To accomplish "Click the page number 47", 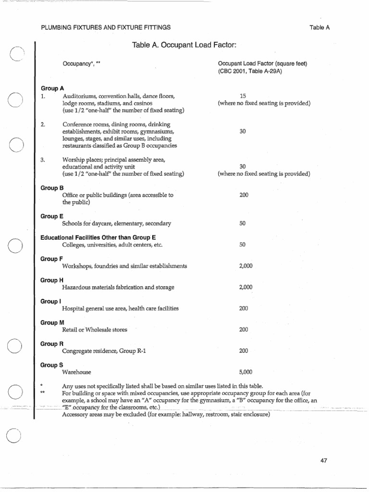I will tap(323, 460).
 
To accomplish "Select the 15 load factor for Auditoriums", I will tap(243, 96).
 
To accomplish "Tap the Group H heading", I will tap(52, 280).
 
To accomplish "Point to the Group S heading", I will tap(52, 365).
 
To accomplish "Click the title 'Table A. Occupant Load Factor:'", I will tap(184, 45).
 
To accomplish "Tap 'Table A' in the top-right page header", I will tap(320, 27).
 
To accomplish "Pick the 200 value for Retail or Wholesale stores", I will tap(244, 330).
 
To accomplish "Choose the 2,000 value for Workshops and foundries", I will tap(246, 266).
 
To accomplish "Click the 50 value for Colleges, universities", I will tap(243, 245).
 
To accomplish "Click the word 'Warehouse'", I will tap(76, 372).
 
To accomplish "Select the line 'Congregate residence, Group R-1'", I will tap(104, 351).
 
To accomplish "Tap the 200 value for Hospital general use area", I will tap(244, 308).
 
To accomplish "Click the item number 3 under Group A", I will tap(43, 160).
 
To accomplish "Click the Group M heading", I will tap(52, 322).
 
